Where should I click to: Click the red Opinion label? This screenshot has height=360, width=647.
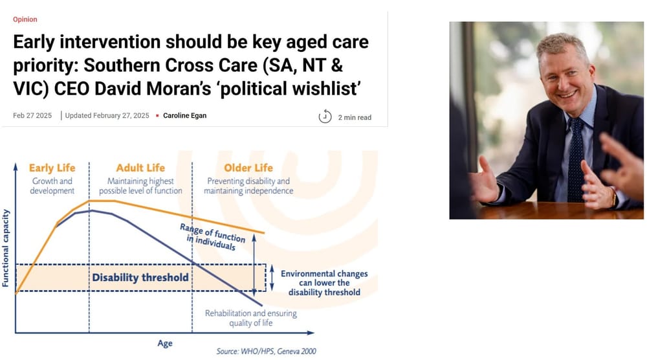(25, 19)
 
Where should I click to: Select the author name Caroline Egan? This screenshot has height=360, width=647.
(184, 116)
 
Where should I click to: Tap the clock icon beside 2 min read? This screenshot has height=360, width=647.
(325, 117)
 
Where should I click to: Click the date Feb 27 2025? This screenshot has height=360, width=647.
(32, 116)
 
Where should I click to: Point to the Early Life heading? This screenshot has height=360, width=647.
(51, 168)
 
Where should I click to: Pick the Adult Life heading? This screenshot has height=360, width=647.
(140, 168)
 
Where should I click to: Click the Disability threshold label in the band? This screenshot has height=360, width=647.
(140, 277)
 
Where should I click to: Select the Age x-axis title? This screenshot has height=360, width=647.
(165, 343)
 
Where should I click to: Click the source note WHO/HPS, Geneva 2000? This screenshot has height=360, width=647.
(266, 352)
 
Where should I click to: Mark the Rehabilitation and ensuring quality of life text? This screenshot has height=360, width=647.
(251, 318)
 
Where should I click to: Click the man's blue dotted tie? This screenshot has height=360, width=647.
(575, 162)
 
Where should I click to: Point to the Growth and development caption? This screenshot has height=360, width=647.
(52, 186)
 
